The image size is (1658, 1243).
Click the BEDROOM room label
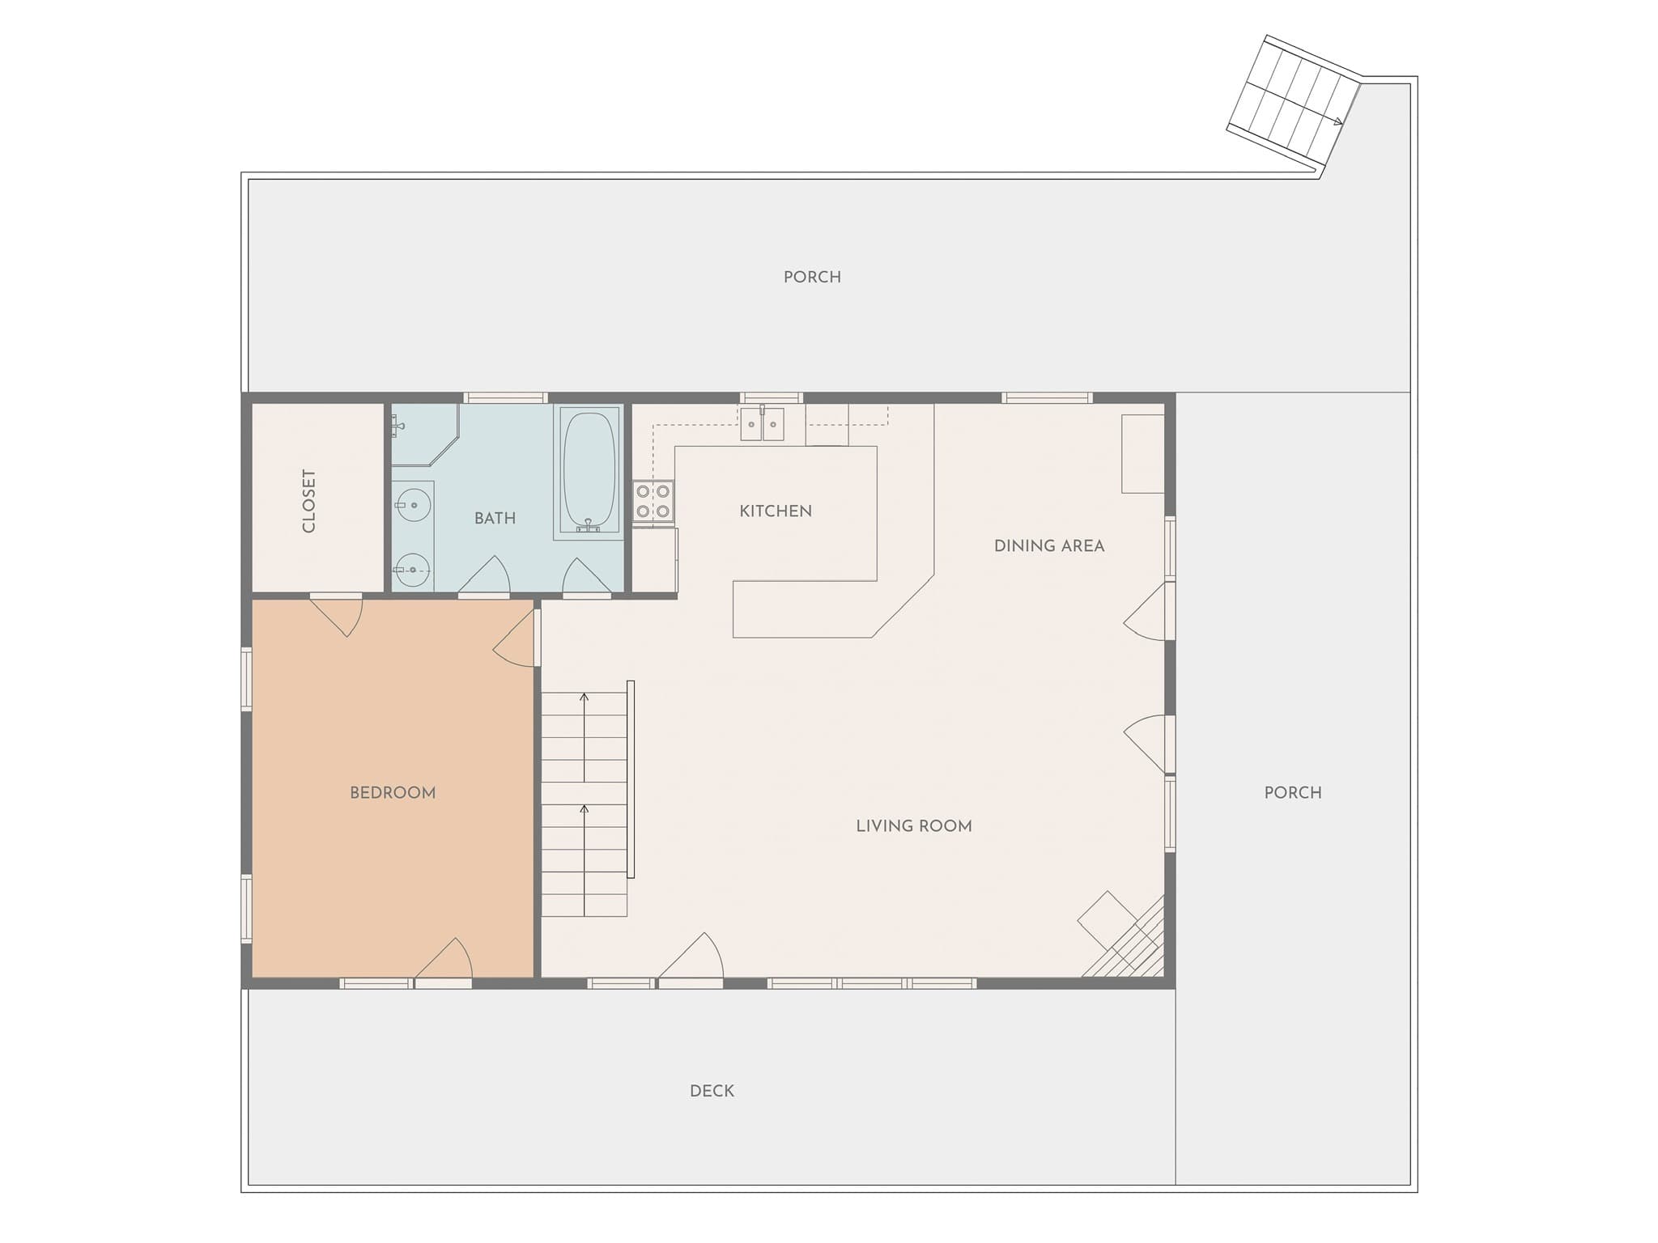(393, 793)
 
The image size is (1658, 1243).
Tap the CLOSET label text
(308, 501)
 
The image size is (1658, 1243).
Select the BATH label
(495, 518)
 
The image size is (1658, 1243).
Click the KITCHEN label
(776, 511)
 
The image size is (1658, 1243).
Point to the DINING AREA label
(1049, 546)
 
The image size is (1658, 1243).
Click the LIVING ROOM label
(914, 826)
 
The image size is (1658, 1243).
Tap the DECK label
(712, 1091)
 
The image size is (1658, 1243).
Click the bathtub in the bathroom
(589, 472)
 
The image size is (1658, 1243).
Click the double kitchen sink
(763, 423)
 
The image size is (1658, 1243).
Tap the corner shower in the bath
(425, 435)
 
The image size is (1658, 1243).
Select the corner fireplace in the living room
(1123, 935)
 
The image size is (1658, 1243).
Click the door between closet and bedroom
(336, 615)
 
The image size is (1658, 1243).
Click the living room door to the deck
(691, 961)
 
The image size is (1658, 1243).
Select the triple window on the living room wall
(872, 983)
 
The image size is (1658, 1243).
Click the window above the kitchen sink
(771, 397)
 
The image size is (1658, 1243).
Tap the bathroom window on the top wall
(506, 397)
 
